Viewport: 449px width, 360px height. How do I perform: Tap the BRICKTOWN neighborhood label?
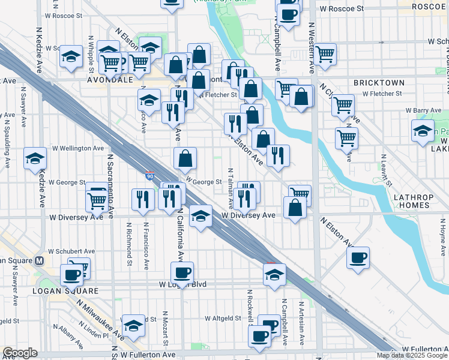pyautogui.click(x=379, y=82)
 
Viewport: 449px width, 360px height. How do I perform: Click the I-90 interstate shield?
pyautogui.click(x=149, y=176)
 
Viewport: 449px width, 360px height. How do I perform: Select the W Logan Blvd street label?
pyautogui.click(x=182, y=284)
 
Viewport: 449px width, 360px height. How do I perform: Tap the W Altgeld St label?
pyautogui.click(x=224, y=319)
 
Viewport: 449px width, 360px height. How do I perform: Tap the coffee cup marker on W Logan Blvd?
pyautogui.click(x=182, y=273)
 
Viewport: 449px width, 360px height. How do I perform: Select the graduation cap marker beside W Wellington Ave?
pyautogui.click(x=35, y=158)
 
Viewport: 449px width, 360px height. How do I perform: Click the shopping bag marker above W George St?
pyautogui.click(x=185, y=159)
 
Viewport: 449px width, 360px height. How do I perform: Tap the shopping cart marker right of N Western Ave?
pyautogui.click(x=325, y=54)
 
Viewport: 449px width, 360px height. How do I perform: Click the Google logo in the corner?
pyautogui.click(x=20, y=353)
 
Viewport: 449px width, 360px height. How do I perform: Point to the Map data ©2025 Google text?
pyautogui.click(x=412, y=355)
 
